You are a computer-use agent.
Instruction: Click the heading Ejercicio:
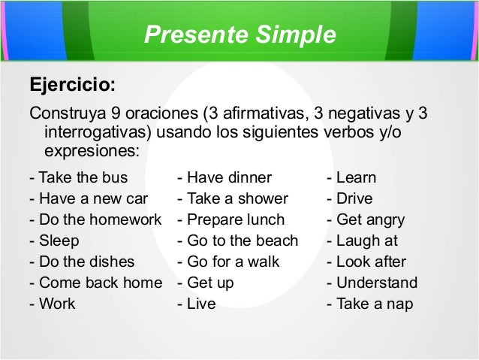click(x=71, y=83)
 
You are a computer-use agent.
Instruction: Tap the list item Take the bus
click(x=77, y=179)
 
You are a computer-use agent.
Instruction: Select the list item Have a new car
click(x=87, y=200)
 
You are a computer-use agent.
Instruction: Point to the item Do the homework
click(x=95, y=221)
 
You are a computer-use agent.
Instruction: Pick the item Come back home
click(x=95, y=283)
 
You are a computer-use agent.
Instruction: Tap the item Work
click(x=52, y=304)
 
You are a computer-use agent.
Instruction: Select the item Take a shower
click(x=232, y=200)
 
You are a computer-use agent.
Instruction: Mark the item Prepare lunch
click(x=230, y=221)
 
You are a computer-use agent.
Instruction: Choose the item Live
click(x=197, y=304)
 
